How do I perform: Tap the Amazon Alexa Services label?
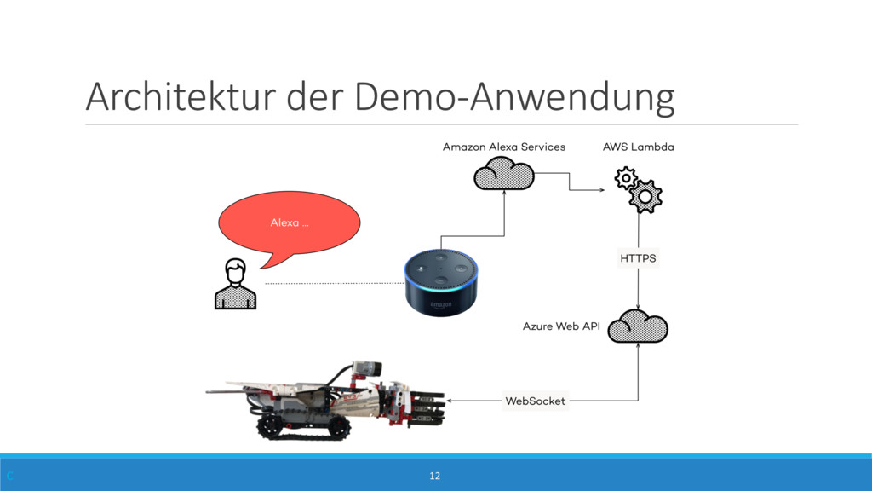[503, 147]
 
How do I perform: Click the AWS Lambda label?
[638, 147]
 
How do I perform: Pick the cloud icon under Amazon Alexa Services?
[503, 175]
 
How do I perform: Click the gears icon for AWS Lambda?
[638, 189]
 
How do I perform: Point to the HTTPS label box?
[638, 257]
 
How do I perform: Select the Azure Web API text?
[561, 326]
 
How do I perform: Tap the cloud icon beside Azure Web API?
[638, 326]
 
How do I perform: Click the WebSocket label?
[535, 401]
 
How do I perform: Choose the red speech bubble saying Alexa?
[290, 223]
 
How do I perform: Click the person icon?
[235, 284]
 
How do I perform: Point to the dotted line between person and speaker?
[332, 283]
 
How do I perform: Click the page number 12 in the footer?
[435, 475]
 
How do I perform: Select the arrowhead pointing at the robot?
[450, 401]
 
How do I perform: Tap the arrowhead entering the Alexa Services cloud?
[504, 194]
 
